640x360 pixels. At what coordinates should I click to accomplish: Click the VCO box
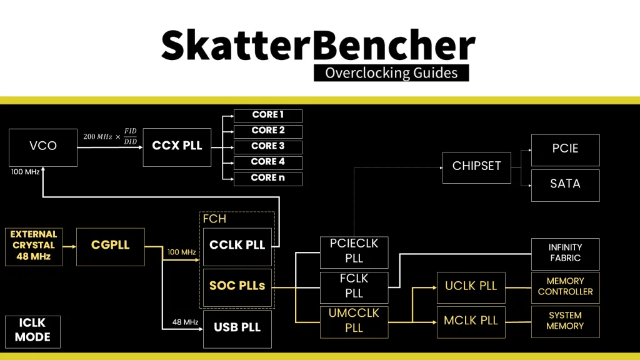point(43,147)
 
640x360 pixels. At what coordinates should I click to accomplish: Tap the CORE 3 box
point(267,147)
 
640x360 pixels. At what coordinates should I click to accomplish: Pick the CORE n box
point(267,178)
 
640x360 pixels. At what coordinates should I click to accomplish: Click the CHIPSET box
point(476,166)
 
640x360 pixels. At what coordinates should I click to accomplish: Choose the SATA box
point(565,184)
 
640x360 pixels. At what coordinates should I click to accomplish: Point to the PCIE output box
point(565,149)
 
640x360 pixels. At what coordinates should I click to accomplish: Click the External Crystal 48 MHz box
point(34,246)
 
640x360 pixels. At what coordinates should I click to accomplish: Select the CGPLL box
point(111,246)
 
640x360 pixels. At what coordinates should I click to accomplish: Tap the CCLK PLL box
point(237,246)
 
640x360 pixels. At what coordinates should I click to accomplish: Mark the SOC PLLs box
point(237,287)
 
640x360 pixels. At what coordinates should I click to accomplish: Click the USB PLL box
point(237,328)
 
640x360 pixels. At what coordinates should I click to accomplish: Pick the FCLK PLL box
point(354,287)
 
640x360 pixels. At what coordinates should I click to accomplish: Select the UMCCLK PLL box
point(354,321)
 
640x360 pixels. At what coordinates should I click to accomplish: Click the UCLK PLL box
point(471,287)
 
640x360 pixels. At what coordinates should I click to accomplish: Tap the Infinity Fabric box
point(565,253)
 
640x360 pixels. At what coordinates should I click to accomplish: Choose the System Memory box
point(565,321)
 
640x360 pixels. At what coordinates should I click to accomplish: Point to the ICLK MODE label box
point(32,331)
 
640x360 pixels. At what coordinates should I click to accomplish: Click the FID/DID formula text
point(109,137)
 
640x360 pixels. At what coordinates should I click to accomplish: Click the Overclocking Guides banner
point(391,72)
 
